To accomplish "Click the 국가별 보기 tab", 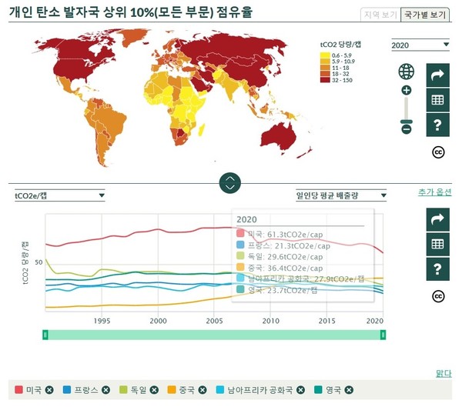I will point(426,15).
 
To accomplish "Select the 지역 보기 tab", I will point(380,15).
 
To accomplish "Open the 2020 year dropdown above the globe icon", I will point(420,45).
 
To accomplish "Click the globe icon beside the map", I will point(407,72).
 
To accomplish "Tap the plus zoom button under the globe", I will point(407,90).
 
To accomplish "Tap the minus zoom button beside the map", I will point(407,128).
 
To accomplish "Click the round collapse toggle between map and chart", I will point(230,183).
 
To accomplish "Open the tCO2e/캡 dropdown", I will point(59,195).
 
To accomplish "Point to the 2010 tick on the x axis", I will point(270,321).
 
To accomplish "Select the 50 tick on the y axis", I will point(38,262).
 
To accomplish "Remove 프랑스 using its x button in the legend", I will point(106,390).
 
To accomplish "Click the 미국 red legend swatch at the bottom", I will point(19,390).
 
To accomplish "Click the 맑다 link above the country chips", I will point(444,374).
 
